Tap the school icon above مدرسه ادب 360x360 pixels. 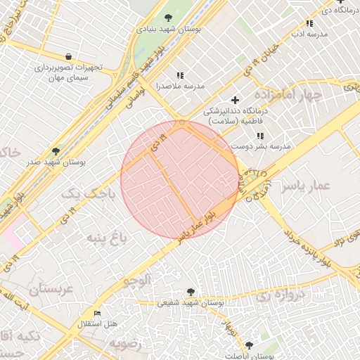pos(309,23)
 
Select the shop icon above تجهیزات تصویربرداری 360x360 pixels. pos(67,56)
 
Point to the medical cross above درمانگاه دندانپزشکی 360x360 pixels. pos(235,100)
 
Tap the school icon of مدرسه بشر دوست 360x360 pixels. pos(260,136)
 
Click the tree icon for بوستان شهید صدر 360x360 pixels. pos(56,151)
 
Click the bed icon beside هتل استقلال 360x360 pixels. pos(97,313)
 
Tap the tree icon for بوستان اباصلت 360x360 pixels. pos(249,345)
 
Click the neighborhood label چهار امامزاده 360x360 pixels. pos(288,95)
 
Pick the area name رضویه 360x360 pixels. pos(125,344)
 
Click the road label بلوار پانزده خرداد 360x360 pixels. pos(308,246)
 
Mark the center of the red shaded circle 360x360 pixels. pos(180,180)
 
